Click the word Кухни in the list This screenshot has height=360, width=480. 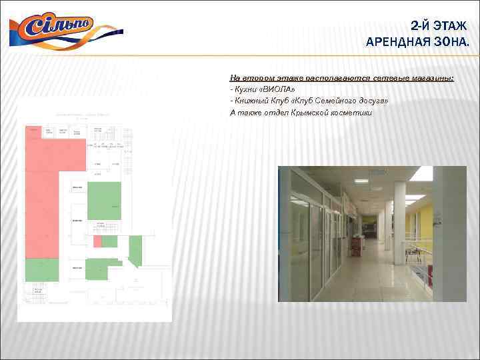[x=244, y=89]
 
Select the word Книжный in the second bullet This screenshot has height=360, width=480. [x=251, y=101]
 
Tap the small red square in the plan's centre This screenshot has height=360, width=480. [x=97, y=241]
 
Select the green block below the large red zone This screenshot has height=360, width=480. [x=41, y=270]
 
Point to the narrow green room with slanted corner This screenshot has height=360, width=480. [x=135, y=250]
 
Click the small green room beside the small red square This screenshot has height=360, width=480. [x=109, y=241]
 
